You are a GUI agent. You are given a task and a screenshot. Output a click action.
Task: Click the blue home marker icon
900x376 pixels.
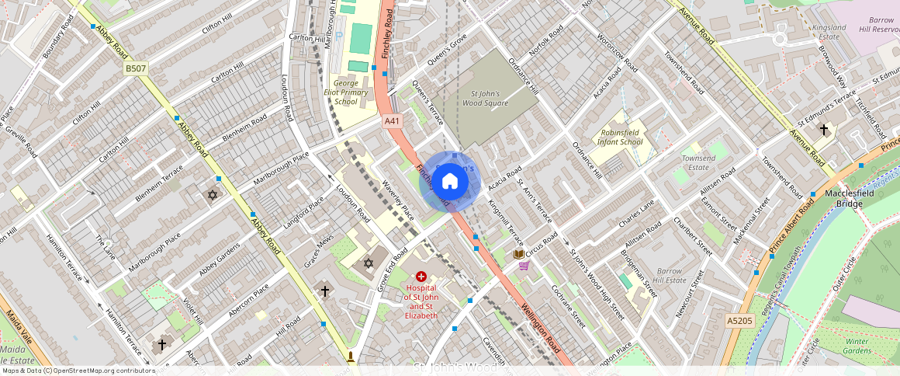tap(450, 182)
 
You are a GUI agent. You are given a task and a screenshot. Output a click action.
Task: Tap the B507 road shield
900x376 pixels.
tap(135, 69)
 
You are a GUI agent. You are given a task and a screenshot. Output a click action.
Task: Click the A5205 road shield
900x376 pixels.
tap(739, 320)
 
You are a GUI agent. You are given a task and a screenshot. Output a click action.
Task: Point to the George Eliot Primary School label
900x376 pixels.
tap(346, 92)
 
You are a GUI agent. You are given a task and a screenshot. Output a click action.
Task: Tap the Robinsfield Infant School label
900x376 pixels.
tap(621, 138)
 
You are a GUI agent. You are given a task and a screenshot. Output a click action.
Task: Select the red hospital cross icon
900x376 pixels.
tap(421, 276)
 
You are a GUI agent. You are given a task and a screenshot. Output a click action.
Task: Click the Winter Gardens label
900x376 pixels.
tap(857, 346)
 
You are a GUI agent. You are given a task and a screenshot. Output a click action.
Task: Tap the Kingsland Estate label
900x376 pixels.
tap(827, 32)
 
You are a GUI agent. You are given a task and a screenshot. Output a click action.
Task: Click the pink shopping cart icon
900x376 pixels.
tap(524, 266)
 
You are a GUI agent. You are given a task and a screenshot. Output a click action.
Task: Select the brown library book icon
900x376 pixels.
tap(518, 254)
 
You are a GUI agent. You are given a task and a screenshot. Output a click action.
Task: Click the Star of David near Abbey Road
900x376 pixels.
tap(212, 194)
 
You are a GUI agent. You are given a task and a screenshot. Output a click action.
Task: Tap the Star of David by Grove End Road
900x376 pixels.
tap(369, 263)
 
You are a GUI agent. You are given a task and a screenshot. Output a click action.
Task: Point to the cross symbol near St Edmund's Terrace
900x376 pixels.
tap(823, 130)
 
